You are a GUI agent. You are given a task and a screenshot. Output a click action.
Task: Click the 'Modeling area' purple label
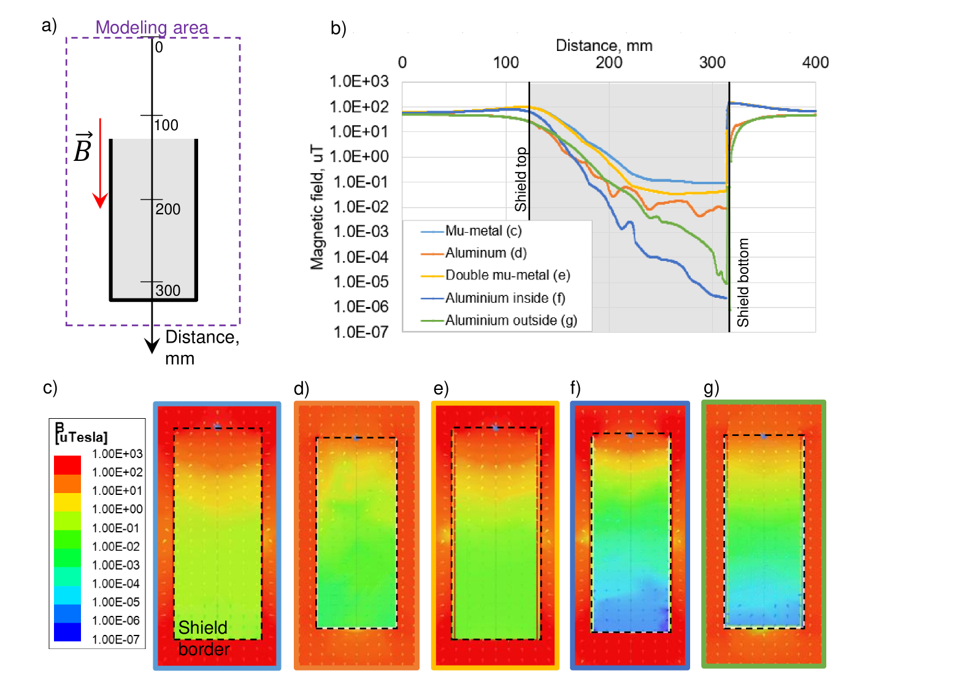coord(152,28)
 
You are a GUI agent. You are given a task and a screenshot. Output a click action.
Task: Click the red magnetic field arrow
coord(100,163)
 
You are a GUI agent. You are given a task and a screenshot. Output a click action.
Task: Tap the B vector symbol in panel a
coord(83,148)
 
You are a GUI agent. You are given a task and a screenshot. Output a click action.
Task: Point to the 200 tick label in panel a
coord(167,209)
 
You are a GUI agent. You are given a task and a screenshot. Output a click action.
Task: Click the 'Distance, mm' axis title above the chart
coord(604,45)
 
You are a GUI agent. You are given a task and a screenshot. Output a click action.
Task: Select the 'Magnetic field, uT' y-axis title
coord(317,208)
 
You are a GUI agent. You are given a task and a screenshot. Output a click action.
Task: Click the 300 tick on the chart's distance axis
coord(712,63)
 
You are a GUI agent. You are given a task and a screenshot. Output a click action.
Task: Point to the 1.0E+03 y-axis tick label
coord(359,81)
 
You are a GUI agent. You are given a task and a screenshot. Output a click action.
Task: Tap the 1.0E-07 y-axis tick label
coord(360,332)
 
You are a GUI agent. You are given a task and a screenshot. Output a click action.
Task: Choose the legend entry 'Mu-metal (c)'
coord(483,231)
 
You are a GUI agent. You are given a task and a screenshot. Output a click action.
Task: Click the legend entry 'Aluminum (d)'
coord(485,253)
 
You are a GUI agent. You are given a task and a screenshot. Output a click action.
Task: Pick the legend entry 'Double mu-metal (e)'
coord(507,275)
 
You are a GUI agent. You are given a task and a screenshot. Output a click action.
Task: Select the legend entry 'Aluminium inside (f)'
coord(505,298)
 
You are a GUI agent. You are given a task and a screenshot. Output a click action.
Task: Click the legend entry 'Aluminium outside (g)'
coord(510,321)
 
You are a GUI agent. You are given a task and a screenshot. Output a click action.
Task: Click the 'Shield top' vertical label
coord(521,179)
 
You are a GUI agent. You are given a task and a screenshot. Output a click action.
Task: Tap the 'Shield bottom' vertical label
coord(743,282)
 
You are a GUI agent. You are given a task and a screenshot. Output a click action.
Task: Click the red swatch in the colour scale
coord(67,464)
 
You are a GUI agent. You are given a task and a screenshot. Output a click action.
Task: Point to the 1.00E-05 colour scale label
coord(116,602)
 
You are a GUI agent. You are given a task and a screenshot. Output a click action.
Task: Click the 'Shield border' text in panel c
coord(203,638)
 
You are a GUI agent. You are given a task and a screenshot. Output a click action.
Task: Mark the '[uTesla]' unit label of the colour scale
coord(82,437)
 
